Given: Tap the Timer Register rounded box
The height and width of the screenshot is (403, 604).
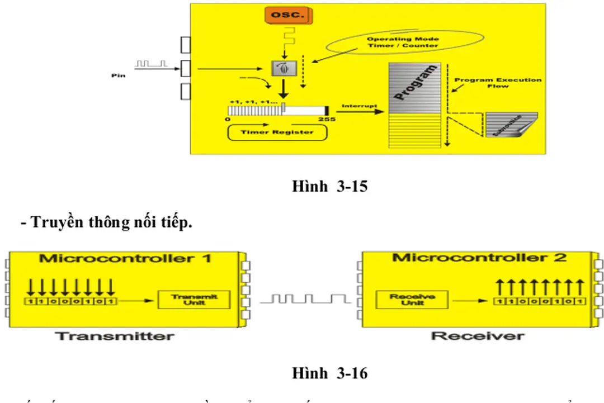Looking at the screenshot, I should [x=277, y=132].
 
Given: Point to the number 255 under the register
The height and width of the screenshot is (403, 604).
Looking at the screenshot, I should [x=327, y=119].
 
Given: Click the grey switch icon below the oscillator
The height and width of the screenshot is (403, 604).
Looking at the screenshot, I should [x=281, y=69].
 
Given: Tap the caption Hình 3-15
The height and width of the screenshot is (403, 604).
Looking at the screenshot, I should [x=329, y=186].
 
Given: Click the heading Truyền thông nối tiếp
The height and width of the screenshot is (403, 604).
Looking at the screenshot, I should [x=106, y=222].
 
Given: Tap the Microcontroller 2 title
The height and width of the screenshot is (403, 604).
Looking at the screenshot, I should [x=479, y=258].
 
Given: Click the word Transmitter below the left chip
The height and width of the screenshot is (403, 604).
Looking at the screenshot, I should [x=115, y=336].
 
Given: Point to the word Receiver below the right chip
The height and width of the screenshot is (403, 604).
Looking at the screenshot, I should [x=478, y=336].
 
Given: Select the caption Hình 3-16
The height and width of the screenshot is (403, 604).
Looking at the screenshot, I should [x=329, y=373].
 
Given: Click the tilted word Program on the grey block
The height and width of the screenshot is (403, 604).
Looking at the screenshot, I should [x=414, y=83].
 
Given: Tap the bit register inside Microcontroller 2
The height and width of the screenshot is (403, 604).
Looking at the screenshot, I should [x=539, y=302].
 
